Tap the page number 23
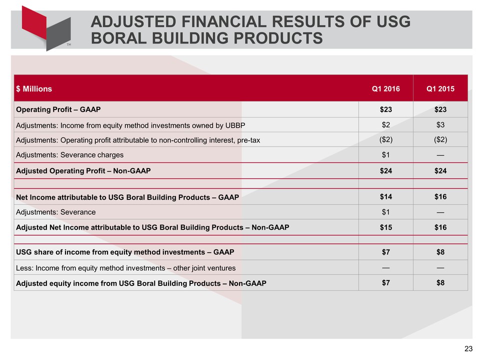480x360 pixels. [468, 348]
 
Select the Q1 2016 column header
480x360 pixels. [385, 89]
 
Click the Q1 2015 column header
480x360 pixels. [440, 89]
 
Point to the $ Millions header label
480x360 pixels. [34, 89]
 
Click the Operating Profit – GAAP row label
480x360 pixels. [58, 109]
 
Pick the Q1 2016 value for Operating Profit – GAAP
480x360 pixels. [385, 109]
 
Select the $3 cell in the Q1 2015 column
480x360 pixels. [440, 124]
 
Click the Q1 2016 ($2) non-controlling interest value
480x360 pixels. [385, 139]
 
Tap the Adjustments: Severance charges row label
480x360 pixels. [69, 154]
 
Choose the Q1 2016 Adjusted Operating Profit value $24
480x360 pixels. [385, 170]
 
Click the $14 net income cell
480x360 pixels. [385, 196]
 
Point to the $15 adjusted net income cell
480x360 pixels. [385, 227]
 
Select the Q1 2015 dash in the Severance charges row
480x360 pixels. [440, 154]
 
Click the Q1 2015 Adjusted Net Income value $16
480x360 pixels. [440, 227]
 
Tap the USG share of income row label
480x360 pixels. [125, 252]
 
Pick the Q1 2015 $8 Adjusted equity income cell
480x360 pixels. [440, 282]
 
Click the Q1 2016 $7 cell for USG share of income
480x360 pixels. [385, 252]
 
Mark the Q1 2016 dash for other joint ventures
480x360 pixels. [385, 267]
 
